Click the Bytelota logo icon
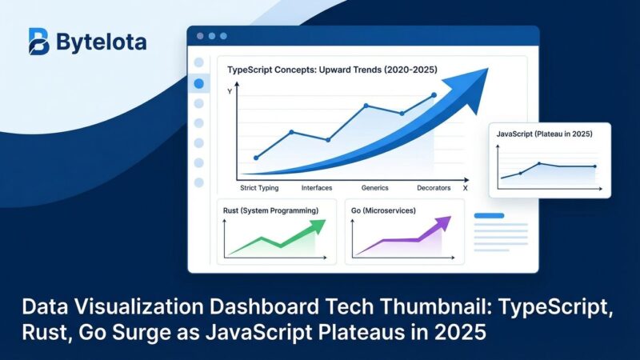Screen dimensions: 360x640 (38, 42)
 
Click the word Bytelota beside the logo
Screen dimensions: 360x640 (101, 42)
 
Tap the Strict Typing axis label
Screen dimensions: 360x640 (260, 188)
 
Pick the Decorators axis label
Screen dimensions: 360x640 (434, 188)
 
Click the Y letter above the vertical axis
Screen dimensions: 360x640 (230, 92)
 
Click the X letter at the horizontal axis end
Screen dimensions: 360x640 (466, 188)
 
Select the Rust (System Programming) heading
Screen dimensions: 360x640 (271, 210)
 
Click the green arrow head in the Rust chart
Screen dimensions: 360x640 (319, 225)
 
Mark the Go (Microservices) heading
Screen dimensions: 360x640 (389, 210)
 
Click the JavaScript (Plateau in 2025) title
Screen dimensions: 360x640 (546, 134)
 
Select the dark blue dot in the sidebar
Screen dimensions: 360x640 (199, 83)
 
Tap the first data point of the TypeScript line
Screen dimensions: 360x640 (256, 158)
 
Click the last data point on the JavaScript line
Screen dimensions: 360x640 (594, 166)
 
